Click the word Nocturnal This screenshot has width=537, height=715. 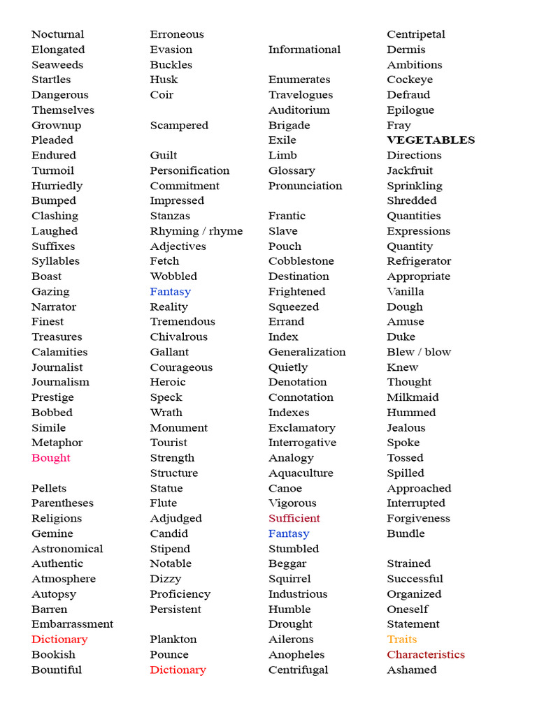(x=57, y=34)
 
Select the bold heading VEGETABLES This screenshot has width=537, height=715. (x=431, y=140)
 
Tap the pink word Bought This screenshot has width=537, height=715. (x=50, y=458)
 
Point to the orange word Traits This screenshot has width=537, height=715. (x=401, y=640)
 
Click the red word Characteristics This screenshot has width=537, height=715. (x=425, y=655)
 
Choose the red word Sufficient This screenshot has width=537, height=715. (x=294, y=518)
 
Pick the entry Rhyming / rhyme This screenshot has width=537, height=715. (x=196, y=231)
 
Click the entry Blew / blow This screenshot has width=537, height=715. (x=419, y=352)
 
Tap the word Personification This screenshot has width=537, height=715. (x=189, y=170)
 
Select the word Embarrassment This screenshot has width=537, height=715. (x=72, y=624)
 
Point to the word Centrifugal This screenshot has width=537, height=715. (x=298, y=670)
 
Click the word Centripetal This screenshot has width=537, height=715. (x=415, y=34)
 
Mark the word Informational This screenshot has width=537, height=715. (x=304, y=50)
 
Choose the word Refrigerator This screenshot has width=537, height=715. (x=419, y=261)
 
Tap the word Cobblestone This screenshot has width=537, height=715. (x=301, y=261)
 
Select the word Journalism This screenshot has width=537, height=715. (x=60, y=382)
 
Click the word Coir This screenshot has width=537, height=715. (x=161, y=95)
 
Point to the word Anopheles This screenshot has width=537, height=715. (x=296, y=655)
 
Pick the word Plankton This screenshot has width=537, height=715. (x=173, y=640)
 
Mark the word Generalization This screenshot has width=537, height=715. (x=306, y=352)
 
